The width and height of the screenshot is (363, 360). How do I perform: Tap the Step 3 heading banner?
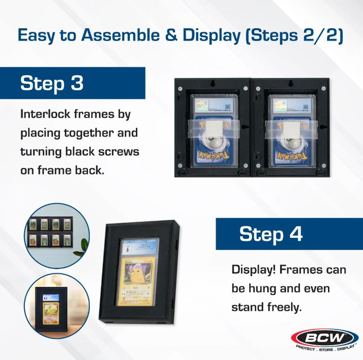coord(72,83)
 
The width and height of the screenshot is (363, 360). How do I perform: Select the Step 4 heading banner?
coord(289,234)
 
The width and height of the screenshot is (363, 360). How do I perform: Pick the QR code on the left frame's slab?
coord(228,106)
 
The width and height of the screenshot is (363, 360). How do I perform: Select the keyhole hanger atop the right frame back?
coord(291,84)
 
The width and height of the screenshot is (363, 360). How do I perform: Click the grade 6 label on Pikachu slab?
coord(128,249)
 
